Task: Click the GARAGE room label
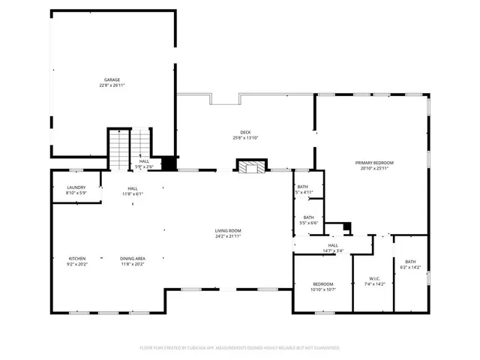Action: tap(112, 79)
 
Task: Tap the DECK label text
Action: tap(245, 132)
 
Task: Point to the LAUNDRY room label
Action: tap(76, 187)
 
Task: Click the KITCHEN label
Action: tap(78, 258)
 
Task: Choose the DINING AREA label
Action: tap(133, 258)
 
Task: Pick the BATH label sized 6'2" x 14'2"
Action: tap(411, 262)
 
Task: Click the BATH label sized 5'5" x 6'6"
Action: tap(308, 217)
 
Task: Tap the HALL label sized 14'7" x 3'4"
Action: tap(332, 245)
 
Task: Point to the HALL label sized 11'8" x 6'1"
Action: tap(132, 188)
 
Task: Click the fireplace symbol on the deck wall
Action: tap(250, 166)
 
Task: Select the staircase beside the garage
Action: tap(120, 150)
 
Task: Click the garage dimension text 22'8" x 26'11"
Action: tap(112, 85)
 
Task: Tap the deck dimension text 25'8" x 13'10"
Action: tap(245, 138)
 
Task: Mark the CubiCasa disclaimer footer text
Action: tap(240, 348)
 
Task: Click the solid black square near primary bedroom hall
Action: tap(346, 226)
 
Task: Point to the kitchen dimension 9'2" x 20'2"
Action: tap(78, 264)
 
